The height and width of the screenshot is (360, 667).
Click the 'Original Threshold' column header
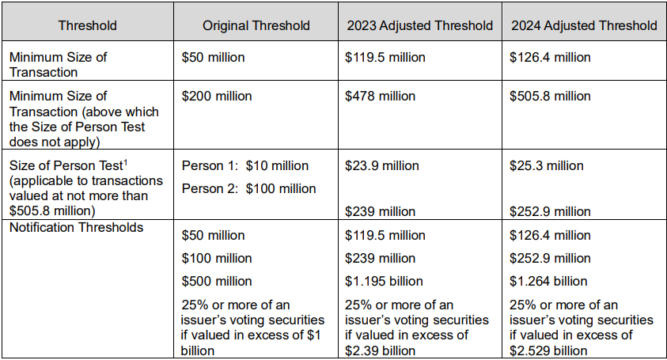256,25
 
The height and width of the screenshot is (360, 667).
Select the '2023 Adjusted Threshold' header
419,25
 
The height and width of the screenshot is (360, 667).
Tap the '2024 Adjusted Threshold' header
584,25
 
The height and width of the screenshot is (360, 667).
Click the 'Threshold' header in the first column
87,25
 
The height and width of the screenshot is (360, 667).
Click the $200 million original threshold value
217,96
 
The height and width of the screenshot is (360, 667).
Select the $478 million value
380,96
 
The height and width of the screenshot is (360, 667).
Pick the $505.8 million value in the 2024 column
551,96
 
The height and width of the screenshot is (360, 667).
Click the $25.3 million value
547,165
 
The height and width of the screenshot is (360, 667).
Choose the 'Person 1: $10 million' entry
245,165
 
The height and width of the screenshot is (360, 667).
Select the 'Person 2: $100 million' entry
248,188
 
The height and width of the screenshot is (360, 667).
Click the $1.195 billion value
384,281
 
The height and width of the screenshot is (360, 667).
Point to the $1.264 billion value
548,281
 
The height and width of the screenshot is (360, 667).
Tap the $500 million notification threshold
217,281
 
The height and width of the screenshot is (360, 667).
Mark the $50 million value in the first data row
213,57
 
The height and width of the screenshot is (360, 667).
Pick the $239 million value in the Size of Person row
380,211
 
